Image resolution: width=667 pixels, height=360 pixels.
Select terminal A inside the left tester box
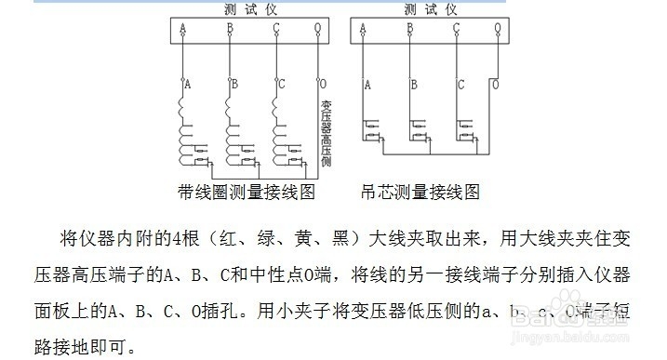point(183,30)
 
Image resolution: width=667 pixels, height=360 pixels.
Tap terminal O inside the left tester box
point(319,30)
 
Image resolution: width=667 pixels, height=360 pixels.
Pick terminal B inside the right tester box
point(410,30)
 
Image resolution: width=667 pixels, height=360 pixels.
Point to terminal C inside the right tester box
point(456,30)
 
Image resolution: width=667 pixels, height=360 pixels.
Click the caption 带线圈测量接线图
point(247,193)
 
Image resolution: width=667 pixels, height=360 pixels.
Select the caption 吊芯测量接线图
point(420,193)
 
